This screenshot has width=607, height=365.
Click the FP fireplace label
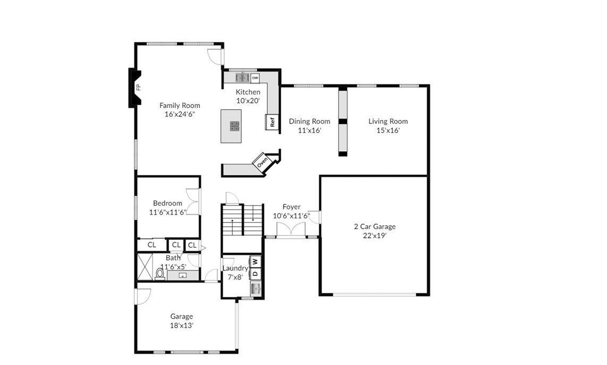[138, 88]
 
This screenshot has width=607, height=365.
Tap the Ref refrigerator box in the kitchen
[272, 122]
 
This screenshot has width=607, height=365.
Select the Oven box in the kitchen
[262, 162]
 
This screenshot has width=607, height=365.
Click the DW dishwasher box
[255, 78]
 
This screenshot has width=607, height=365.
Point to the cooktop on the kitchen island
[234, 126]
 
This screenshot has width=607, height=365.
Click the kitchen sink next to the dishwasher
[242, 78]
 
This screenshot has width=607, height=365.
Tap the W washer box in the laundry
[255, 261]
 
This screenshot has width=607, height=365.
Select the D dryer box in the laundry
[255, 274]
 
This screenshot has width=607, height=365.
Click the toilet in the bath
[159, 274]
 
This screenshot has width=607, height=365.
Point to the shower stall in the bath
[145, 267]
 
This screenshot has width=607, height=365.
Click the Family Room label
[180, 105]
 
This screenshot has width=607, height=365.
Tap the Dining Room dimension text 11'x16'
[310, 131]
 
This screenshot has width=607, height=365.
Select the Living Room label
[388, 121]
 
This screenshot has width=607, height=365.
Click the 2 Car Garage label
[375, 226]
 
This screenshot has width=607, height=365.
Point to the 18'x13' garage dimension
[182, 326]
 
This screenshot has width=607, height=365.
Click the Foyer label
[291, 207]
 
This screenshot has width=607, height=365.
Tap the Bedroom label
[167, 203]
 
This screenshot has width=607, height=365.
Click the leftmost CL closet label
[152, 244]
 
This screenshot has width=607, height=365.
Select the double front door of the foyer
[291, 230]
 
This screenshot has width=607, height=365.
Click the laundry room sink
[256, 288]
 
